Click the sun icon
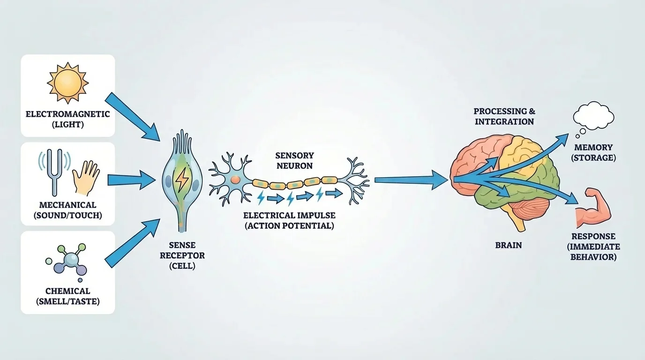pyautogui.click(x=67, y=83)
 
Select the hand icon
pyautogui.click(x=86, y=177)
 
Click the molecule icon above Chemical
pyautogui.click(x=67, y=259)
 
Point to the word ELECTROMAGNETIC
pyautogui.click(x=67, y=114)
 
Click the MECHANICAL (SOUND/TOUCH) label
pyautogui.click(x=67, y=210)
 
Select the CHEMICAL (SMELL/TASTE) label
pyautogui.click(x=67, y=296)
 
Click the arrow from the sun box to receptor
pyautogui.click(x=132, y=115)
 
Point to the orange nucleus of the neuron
pyautogui.click(x=234, y=180)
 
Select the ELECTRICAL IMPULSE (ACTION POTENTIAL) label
pyautogui.click(x=289, y=220)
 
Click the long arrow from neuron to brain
pyautogui.click(x=410, y=179)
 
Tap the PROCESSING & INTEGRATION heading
pyautogui.click(x=504, y=116)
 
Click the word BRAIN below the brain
pyautogui.click(x=508, y=245)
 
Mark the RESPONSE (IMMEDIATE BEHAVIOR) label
pyautogui.click(x=593, y=247)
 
